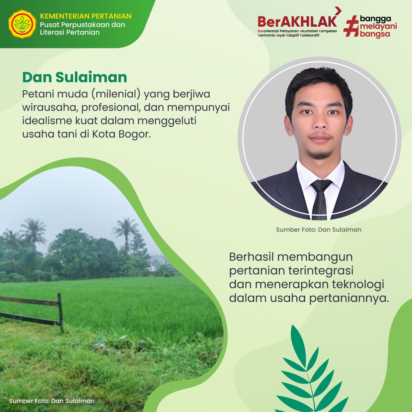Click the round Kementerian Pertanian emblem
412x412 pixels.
point(22,24)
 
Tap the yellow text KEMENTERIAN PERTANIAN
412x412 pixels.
point(85,16)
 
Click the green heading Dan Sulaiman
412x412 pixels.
point(75,77)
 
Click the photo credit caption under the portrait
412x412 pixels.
point(319,230)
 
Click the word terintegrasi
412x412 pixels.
point(321,271)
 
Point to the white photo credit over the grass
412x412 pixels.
point(52,401)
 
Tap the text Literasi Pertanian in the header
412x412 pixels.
point(70,32)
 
